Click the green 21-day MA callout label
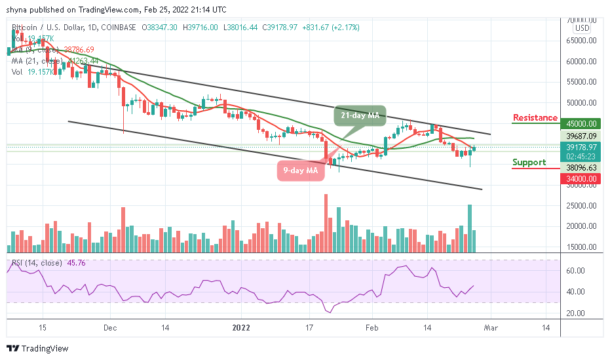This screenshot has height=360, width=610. coord(360,115)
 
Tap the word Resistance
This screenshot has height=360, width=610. coord(534,118)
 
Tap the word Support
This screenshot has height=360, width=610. coord(529,162)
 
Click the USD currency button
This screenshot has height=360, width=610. coord(581,28)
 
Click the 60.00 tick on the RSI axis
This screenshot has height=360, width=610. coord(575,270)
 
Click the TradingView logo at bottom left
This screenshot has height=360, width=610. coord(37,349)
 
